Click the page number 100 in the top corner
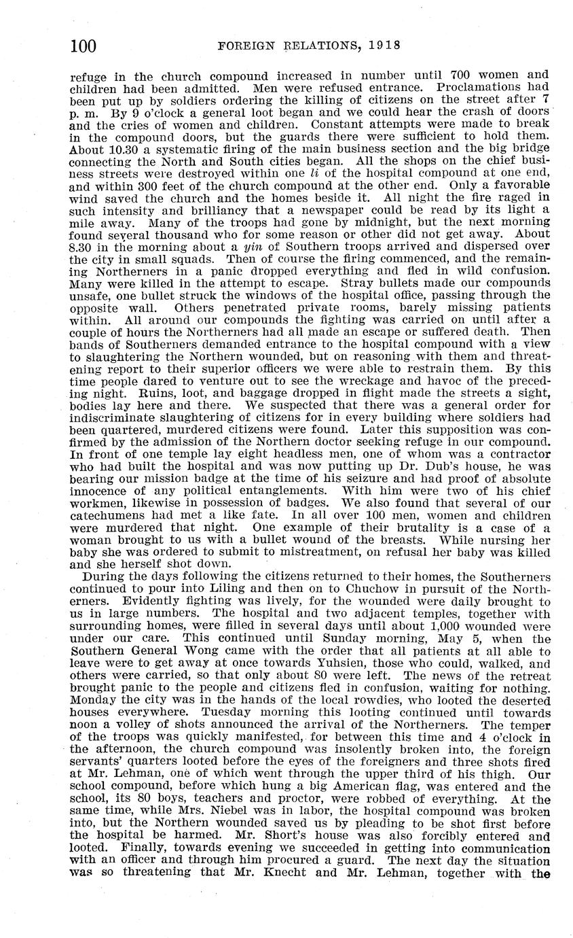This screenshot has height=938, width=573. [84, 46]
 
